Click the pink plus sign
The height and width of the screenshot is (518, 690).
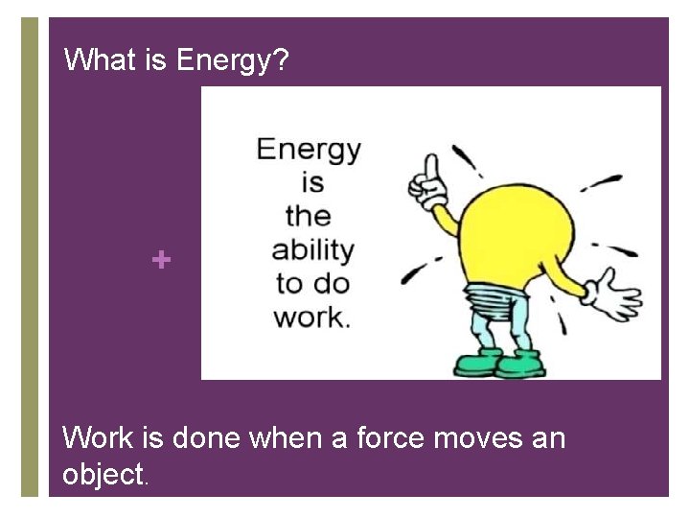click(x=162, y=259)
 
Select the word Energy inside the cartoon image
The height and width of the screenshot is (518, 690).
click(x=309, y=150)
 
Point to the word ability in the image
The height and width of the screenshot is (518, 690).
click(x=312, y=250)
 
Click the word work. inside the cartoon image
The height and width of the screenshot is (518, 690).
click(x=312, y=318)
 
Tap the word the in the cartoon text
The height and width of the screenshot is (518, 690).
click(x=308, y=216)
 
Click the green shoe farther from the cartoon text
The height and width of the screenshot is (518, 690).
click(x=520, y=364)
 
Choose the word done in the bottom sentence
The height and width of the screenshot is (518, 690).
click(x=207, y=438)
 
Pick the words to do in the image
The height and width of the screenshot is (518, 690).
click(x=312, y=284)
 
